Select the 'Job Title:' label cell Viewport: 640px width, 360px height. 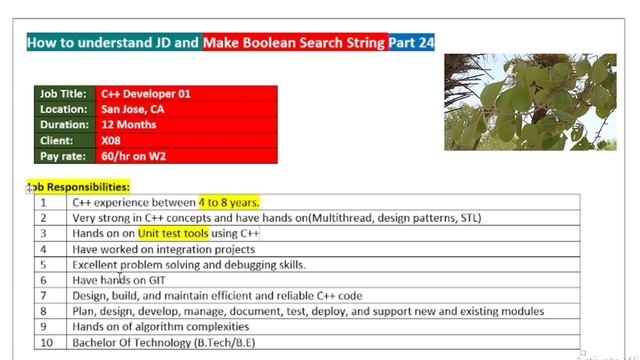pos(64,93)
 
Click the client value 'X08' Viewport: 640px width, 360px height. pos(112,141)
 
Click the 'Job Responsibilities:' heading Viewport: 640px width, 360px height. pos(80,187)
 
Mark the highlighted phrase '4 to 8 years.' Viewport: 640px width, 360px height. pos(229,202)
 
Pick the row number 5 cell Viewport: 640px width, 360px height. pos(44,264)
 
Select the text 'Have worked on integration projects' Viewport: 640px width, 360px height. pos(163,249)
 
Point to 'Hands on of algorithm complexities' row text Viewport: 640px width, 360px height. pos(161,326)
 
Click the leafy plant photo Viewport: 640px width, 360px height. pos(530,101)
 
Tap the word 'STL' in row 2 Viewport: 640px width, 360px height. pos(467,218)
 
